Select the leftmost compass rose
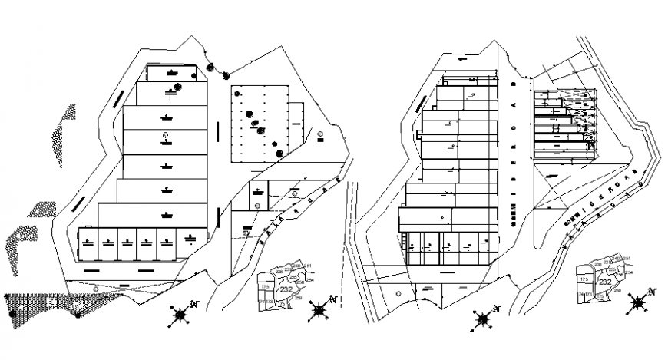pos(180,313)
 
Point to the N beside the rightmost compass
pos(652,291)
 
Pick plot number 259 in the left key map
pos(297,299)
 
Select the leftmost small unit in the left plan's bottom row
pos(89,243)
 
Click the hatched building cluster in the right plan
pos(566,123)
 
